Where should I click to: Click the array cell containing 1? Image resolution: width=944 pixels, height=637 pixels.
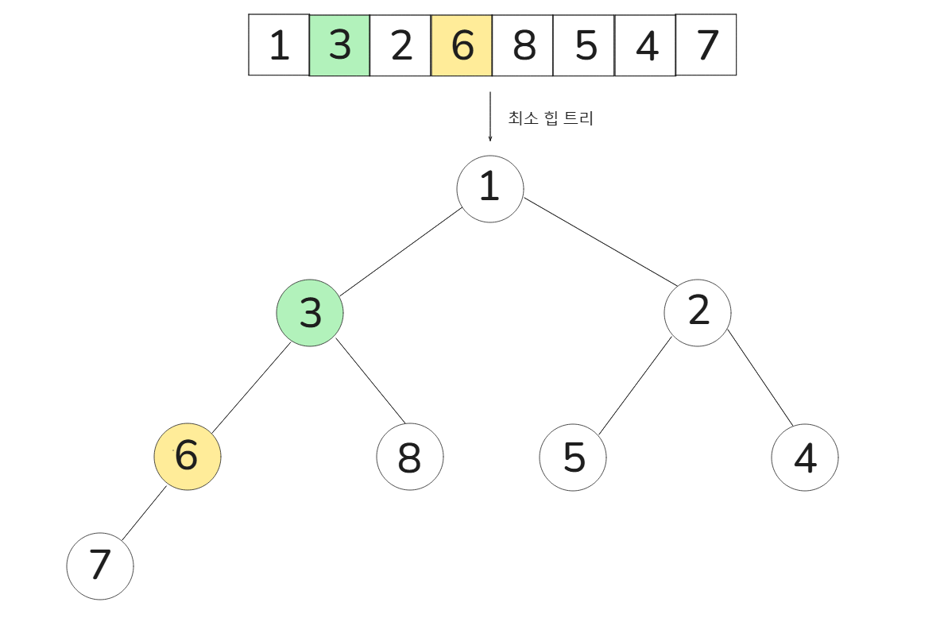pyautogui.click(x=278, y=45)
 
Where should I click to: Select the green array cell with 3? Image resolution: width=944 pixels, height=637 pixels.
pyautogui.click(x=339, y=45)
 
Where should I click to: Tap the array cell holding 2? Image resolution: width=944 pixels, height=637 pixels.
pyautogui.click(x=400, y=45)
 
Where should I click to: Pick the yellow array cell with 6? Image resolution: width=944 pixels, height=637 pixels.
pyautogui.click(x=462, y=45)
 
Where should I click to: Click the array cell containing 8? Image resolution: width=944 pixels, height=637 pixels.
pyautogui.click(x=523, y=45)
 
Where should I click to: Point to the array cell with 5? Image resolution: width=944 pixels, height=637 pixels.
pyautogui.click(x=584, y=45)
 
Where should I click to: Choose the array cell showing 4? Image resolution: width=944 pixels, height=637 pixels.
pyautogui.click(x=645, y=45)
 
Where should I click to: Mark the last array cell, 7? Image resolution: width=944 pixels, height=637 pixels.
pyautogui.click(x=706, y=44)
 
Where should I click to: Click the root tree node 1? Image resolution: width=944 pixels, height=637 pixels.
pyautogui.click(x=490, y=188)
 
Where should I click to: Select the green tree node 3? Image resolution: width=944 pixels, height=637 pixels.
pyautogui.click(x=310, y=313)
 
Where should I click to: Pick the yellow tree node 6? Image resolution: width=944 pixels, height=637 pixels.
pyautogui.click(x=188, y=457)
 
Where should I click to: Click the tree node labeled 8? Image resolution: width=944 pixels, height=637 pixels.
pyautogui.click(x=410, y=457)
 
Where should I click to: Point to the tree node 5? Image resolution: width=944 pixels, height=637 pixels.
pyautogui.click(x=573, y=457)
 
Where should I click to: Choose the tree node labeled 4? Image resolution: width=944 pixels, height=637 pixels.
pyautogui.click(x=805, y=457)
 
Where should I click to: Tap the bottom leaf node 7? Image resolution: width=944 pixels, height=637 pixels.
pyautogui.click(x=100, y=566)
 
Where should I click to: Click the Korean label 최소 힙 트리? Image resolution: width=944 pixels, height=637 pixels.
pyautogui.click(x=551, y=119)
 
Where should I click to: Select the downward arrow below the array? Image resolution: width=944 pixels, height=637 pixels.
pyautogui.click(x=490, y=117)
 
